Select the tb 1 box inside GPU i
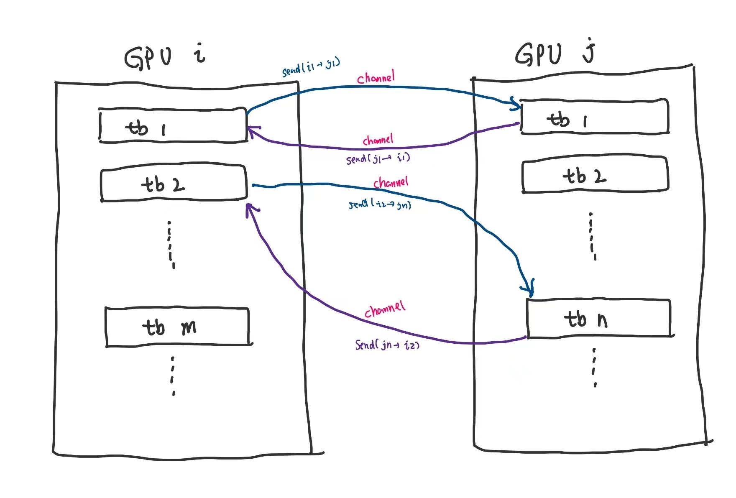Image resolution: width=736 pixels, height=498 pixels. tap(173, 125)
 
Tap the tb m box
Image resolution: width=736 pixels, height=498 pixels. tap(178, 327)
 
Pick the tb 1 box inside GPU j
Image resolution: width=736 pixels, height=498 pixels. tap(594, 117)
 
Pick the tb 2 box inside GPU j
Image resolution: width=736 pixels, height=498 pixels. tap(595, 175)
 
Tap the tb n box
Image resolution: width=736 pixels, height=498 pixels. tap(599, 319)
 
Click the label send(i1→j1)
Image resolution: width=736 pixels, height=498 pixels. tap(311, 67)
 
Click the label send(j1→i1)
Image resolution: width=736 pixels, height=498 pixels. tap(378, 158)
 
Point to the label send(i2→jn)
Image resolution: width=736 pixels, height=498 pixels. tap(380, 204)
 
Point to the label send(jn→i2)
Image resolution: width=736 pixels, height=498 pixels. tap(387, 345)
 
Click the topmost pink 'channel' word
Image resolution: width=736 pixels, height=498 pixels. tap(376, 78)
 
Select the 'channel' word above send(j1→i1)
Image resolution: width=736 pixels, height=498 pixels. tap(378, 140)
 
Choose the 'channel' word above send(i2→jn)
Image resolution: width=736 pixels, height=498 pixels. tap(391, 182)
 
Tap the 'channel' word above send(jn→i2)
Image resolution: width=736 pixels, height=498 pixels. tap(385, 309)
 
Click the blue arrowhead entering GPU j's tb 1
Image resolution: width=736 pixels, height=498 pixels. tap(516, 103)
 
